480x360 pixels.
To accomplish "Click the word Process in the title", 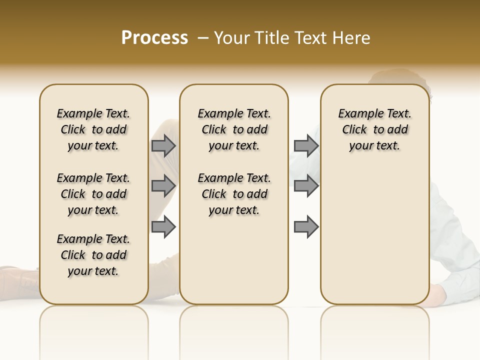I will pos(154,37).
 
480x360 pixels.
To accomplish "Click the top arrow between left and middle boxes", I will pos(163,145).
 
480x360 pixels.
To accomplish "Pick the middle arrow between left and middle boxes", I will pos(163,186).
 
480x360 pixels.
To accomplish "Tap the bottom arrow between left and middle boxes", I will pos(163,226).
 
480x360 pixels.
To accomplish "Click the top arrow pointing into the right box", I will pos(306,145).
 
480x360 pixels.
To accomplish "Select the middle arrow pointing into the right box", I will pos(306,186).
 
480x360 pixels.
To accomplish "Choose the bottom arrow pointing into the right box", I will pos(306,226).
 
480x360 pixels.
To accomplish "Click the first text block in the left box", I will pos(93,129).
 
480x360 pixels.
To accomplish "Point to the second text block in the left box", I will pos(93,194).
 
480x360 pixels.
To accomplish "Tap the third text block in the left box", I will pos(93,255).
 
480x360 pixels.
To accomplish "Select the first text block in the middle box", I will pos(234,129).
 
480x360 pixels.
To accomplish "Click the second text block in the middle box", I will pos(234,194).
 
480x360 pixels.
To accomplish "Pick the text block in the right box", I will pos(374,129).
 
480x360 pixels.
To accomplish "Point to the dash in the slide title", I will pos(203,37).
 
